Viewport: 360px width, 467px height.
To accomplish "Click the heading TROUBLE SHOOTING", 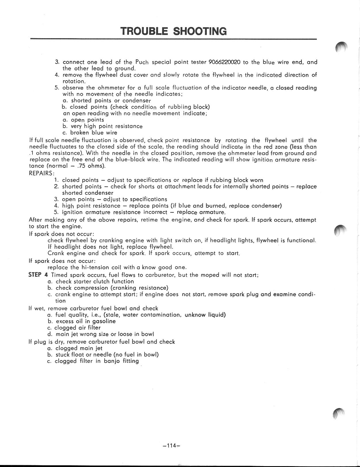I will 173,31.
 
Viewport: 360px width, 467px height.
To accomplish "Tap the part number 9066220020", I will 224,62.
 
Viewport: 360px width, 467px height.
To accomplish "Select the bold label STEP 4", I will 38,275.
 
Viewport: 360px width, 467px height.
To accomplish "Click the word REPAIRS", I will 41,173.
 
